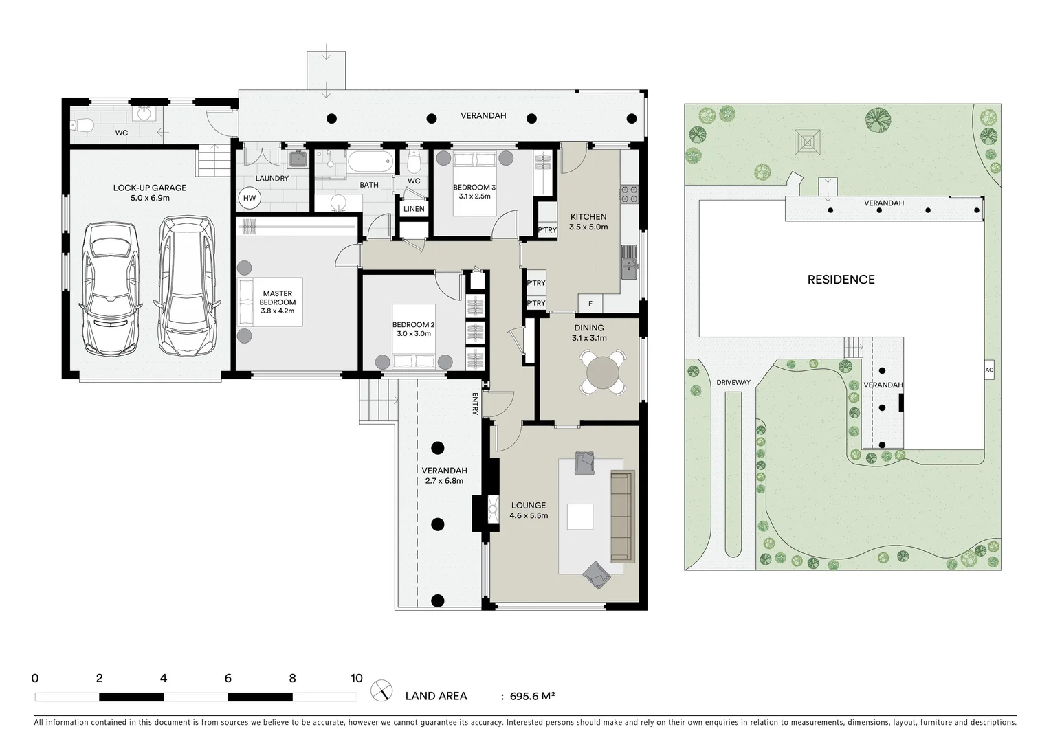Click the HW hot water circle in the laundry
[250, 198]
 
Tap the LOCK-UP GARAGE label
[150, 188]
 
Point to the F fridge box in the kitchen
[590, 304]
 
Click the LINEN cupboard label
[414, 209]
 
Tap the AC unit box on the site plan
[989, 370]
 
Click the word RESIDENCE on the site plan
[841, 280]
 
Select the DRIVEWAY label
[733, 382]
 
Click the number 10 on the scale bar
[357, 678]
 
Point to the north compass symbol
[381, 690]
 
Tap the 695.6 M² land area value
[533, 695]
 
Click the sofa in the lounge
[623, 517]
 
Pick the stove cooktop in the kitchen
[630, 194]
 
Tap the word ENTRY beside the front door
[475, 404]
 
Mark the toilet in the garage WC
[82, 125]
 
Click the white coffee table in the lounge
[580, 517]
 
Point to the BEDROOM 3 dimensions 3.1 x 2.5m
[474, 196]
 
